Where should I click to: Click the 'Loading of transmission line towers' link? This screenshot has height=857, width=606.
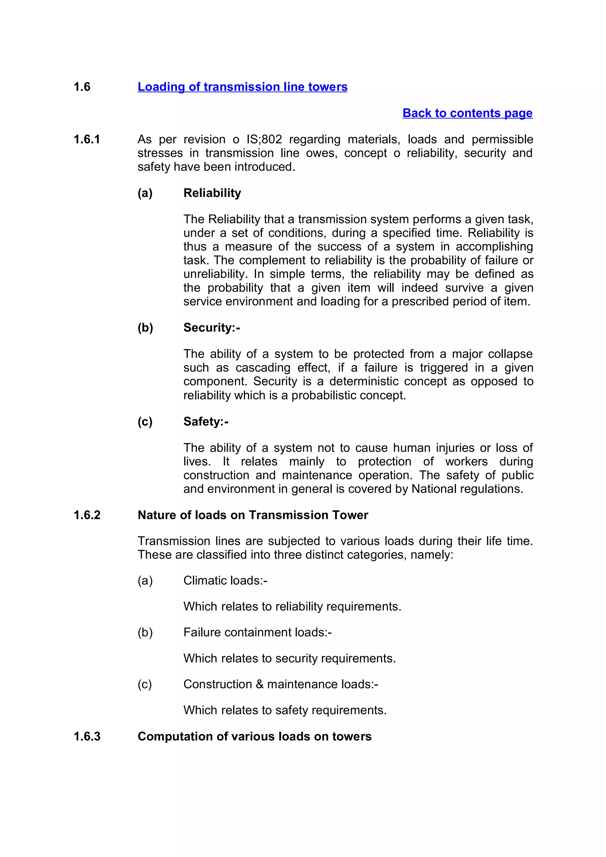242,87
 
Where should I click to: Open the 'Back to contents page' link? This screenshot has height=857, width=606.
467,113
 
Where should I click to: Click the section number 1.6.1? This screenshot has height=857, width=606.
87,139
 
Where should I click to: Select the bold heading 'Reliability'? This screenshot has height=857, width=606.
212,193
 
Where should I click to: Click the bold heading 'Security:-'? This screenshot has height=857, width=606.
211,327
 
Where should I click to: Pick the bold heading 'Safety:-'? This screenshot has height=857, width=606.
206,421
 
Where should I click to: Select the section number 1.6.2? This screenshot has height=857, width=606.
87,515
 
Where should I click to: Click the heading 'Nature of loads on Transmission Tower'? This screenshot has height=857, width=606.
253,515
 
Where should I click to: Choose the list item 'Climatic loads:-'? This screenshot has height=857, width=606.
225,581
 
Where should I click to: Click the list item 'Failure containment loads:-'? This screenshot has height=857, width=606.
257,632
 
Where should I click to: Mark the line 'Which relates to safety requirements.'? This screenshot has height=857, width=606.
285,710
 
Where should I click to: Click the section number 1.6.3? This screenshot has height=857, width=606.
87,736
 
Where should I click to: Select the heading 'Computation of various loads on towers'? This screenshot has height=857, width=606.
254,736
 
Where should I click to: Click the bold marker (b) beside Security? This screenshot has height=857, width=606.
145,327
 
